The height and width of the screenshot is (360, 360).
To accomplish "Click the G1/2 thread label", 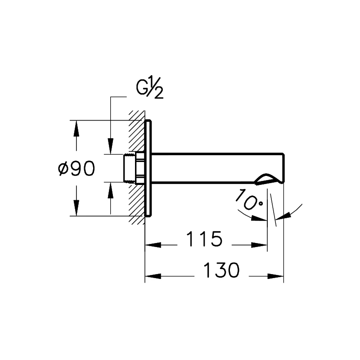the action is (150, 88).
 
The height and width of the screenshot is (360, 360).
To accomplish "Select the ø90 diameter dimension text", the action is (76, 168).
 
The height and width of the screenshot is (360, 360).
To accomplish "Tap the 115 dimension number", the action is (204, 239).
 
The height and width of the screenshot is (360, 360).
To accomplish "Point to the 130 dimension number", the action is (221, 270).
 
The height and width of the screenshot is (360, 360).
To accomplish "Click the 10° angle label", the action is (249, 200).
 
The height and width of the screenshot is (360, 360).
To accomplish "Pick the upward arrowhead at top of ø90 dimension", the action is (76, 129).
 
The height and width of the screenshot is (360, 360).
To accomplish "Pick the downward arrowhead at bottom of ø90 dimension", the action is (76, 208).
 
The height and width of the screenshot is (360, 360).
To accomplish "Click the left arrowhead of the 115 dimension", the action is (153, 245).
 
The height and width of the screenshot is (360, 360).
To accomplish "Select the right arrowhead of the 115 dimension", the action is (259, 245).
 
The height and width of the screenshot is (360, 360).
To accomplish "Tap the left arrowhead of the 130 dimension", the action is (153, 276).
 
